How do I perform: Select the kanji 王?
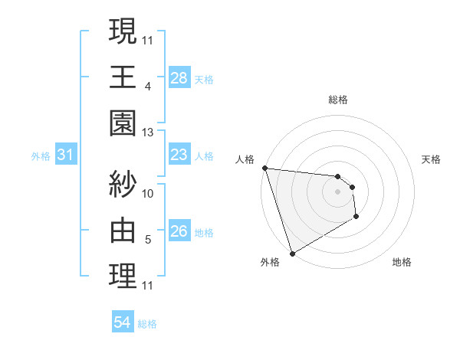(x=123, y=77)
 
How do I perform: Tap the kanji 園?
(x=123, y=123)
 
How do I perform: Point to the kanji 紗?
(x=123, y=185)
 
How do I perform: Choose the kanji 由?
(x=123, y=231)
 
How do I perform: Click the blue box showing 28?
(x=179, y=77)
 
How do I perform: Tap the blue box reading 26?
(x=179, y=231)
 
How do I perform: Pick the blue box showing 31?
(x=65, y=155)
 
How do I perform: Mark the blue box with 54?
(x=123, y=323)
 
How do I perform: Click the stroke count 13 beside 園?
(x=148, y=133)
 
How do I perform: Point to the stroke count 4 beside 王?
(x=148, y=87)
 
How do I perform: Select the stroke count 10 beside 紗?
(x=148, y=194)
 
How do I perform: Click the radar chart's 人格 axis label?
(x=245, y=159)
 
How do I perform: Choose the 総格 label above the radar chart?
(x=337, y=100)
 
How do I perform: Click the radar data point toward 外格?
(x=292, y=253)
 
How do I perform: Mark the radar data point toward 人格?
(x=264, y=168)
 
